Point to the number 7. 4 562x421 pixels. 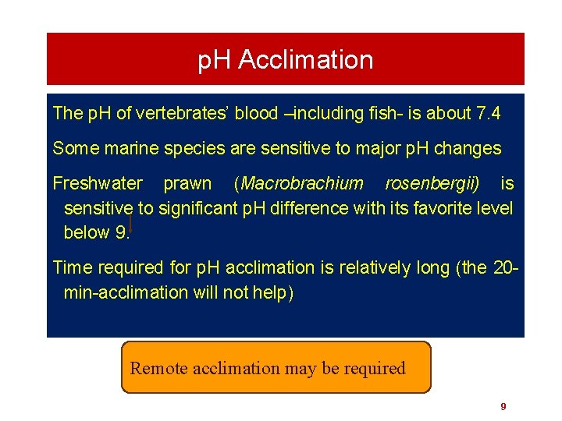pos(487,114)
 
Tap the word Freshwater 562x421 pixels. pos(98,184)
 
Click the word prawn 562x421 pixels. pos(187,184)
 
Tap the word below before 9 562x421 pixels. pos(87,233)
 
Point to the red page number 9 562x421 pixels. pos(503,406)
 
